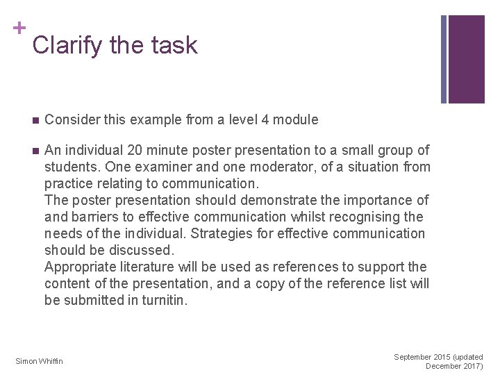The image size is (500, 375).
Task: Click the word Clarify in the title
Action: tap(67, 46)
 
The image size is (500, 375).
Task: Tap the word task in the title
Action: tap(173, 46)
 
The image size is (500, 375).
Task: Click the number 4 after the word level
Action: tap(265, 119)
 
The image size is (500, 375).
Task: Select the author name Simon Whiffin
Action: tap(39, 360)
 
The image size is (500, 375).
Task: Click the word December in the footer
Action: tap(444, 366)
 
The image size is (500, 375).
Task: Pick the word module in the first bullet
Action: tap(297, 119)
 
